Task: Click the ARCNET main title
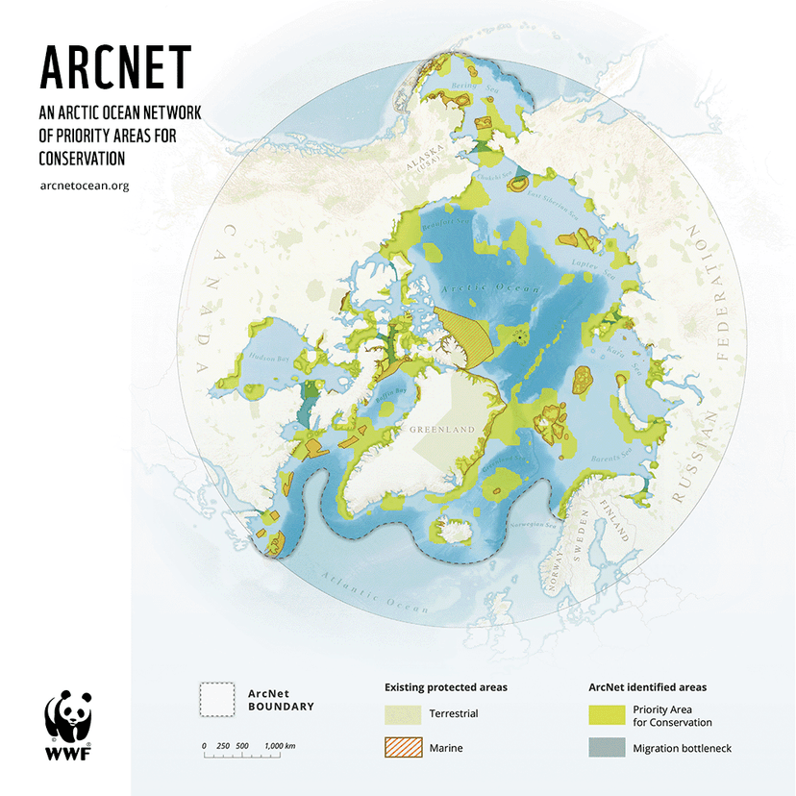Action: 115,66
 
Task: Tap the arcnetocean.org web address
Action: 85,186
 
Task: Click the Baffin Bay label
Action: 389,393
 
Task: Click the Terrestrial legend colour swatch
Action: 403,714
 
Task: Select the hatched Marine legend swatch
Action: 403,746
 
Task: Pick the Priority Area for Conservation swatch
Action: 606,714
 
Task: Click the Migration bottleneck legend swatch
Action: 606,747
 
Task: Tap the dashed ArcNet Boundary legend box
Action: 217,700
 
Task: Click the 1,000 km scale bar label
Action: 280,746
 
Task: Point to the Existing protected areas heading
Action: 446,687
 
